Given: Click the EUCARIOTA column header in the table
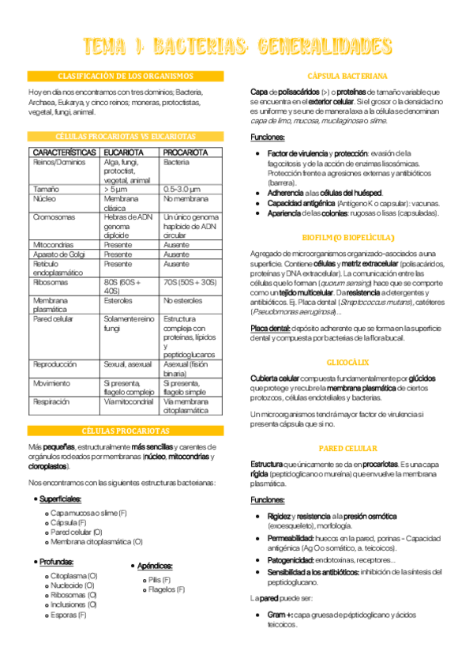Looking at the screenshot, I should (x=123, y=151).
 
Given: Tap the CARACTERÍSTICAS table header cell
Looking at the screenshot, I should (x=65, y=151).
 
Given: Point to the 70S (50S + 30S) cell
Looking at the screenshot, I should (x=190, y=282).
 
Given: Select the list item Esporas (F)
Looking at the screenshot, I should (x=69, y=614).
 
